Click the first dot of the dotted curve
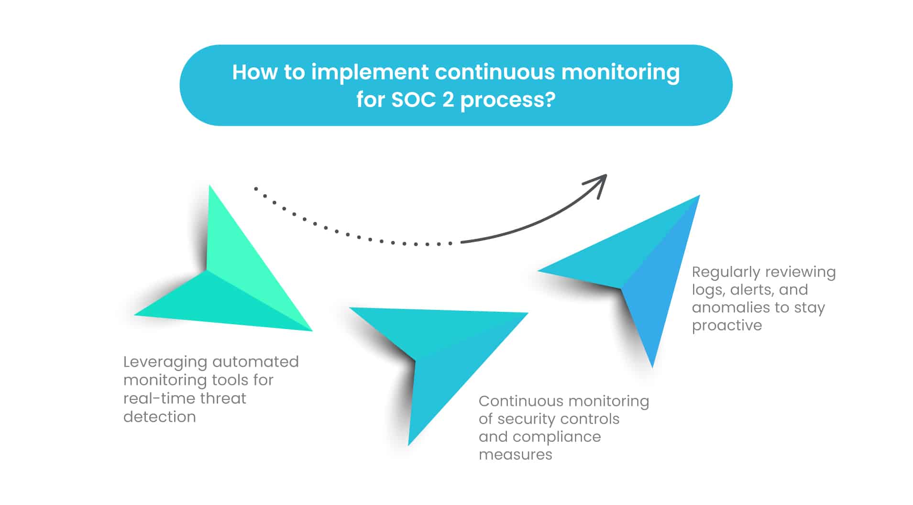[x=256, y=189]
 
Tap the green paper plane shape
[x=225, y=277]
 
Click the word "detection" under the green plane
[x=160, y=417]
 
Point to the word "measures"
[x=516, y=455]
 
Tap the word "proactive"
[x=727, y=326]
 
